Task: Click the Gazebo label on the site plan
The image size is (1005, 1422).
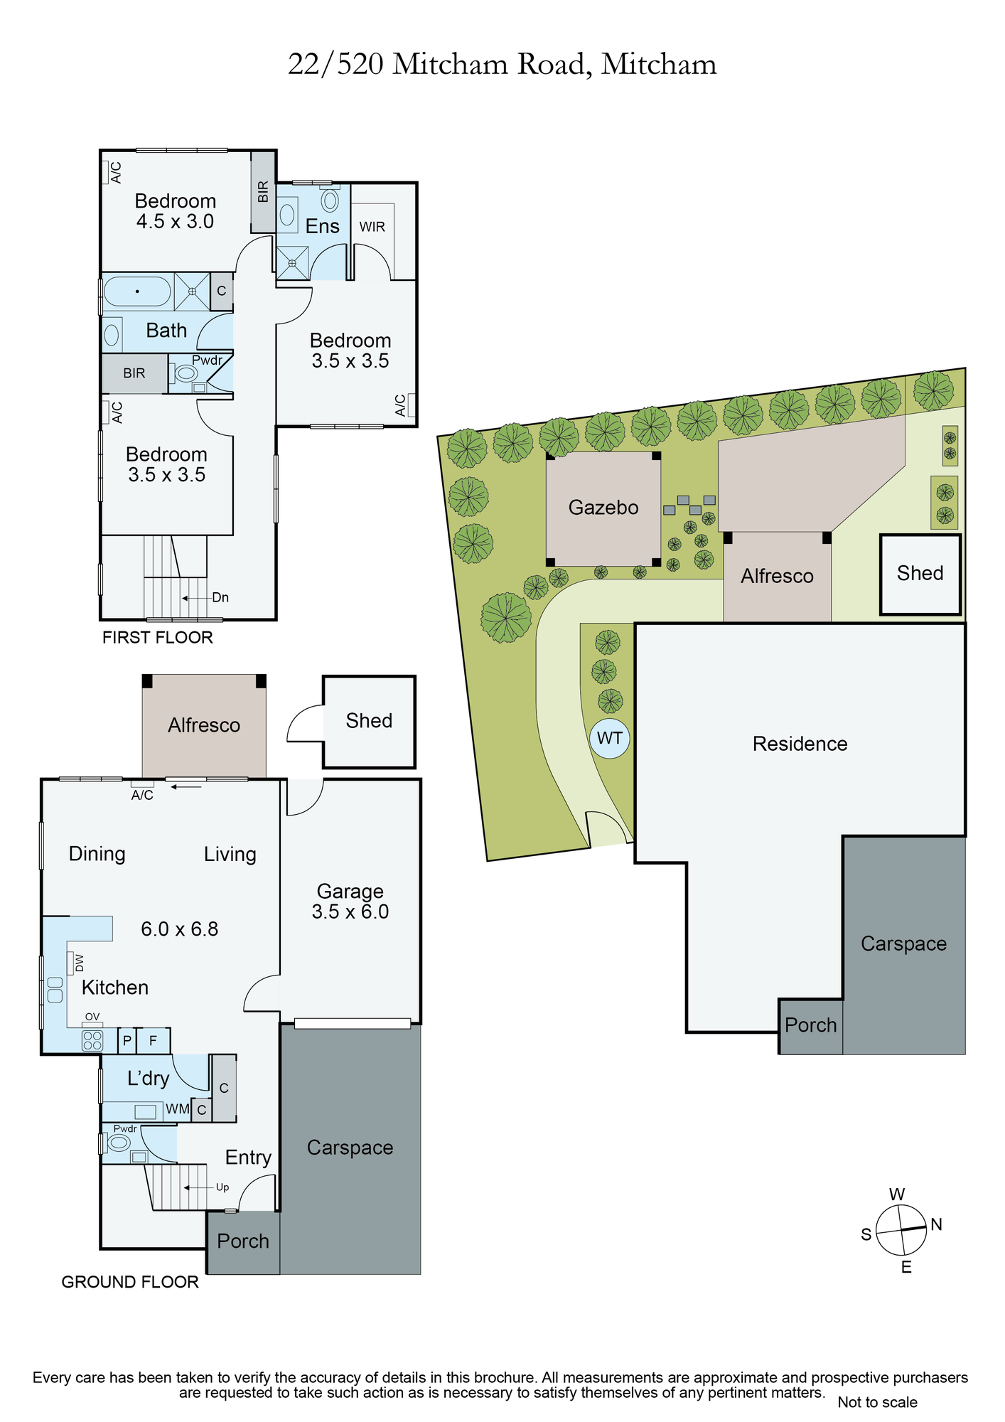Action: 603,508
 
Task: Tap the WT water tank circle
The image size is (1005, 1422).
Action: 610,738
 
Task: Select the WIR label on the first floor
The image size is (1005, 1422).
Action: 372,227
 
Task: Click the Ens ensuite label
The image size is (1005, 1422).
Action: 322,226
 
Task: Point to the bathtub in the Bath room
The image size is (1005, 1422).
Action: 137,292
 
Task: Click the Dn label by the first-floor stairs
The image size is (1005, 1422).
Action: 220,597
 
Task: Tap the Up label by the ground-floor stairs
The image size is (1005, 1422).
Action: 222,1187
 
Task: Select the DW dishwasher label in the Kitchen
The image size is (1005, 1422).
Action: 79,963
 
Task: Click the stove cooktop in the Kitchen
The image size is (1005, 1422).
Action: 93,1041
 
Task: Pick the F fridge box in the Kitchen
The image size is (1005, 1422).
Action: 153,1041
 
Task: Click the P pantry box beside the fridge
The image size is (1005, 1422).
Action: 127,1041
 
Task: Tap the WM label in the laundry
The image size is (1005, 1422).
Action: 178,1109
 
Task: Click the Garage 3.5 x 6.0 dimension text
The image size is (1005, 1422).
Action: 350,912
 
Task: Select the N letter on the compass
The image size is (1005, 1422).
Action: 936,1224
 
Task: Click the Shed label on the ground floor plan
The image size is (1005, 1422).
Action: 369,721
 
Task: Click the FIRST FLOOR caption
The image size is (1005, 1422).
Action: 158,638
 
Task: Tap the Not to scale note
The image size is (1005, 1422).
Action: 877,1402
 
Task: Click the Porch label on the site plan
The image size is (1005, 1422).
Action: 811,1025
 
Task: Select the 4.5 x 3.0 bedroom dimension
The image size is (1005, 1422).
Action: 175,221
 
